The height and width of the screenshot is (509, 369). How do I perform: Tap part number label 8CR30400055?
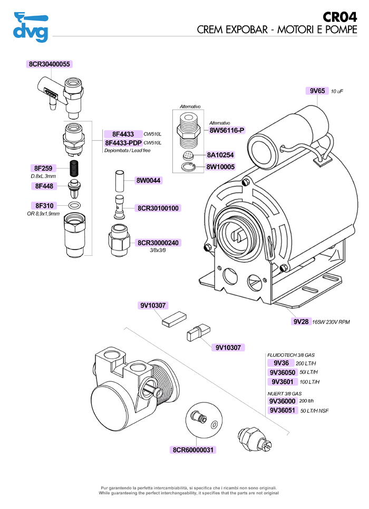point(48,64)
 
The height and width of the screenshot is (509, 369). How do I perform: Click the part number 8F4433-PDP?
point(123,143)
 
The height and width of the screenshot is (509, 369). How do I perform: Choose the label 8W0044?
point(149,180)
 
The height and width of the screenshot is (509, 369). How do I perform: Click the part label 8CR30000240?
point(159,243)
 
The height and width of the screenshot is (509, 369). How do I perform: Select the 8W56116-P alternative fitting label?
point(227,130)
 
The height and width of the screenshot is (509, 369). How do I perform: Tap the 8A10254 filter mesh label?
point(220,155)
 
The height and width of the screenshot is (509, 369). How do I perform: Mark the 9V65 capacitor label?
point(317,91)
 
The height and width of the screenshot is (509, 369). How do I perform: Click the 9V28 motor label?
point(301,321)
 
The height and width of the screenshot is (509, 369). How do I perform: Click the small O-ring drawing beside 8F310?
point(75,205)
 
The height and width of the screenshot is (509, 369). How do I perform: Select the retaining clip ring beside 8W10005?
point(189,168)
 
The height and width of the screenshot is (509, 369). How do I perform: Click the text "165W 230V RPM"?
point(331,322)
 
